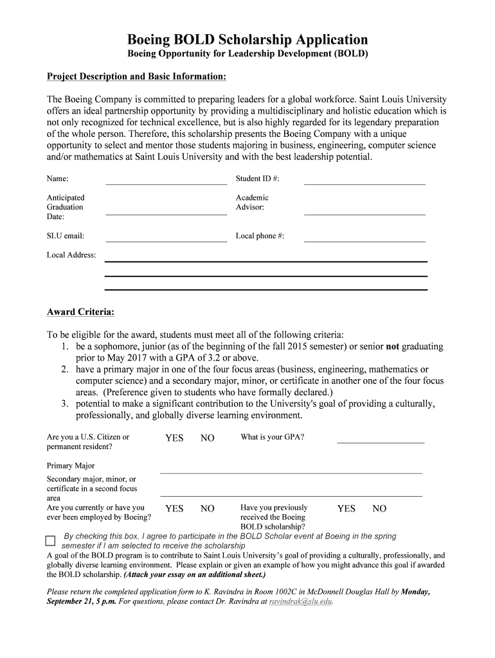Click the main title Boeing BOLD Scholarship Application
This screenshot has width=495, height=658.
pyautogui.click(x=248, y=40)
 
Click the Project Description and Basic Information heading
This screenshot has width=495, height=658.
pyautogui.click(x=136, y=77)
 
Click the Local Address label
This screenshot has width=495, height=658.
pyautogui.click(x=71, y=255)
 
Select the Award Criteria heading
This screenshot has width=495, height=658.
pyautogui.click(x=81, y=312)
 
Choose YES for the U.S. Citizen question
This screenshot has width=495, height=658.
pyautogui.click(x=174, y=438)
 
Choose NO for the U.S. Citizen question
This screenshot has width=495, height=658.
pyautogui.click(x=207, y=438)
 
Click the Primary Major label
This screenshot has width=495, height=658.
pyautogui.click(x=71, y=466)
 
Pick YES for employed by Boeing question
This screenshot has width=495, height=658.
pyautogui.click(x=174, y=509)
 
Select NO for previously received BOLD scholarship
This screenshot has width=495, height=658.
pyautogui.click(x=379, y=509)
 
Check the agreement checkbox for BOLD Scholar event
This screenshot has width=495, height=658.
pyautogui.click(x=51, y=540)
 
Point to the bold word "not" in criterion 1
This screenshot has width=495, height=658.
pyautogui.click(x=392, y=346)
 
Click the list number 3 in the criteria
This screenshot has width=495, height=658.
pyautogui.click(x=65, y=404)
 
